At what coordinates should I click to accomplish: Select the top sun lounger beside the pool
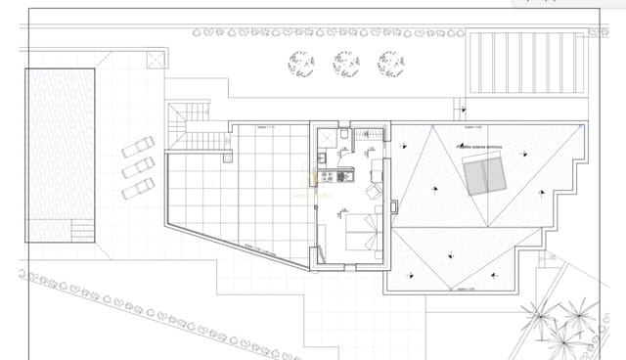coord(138,148)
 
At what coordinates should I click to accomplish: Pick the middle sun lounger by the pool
coord(138,167)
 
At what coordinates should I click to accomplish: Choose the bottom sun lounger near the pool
coord(139,187)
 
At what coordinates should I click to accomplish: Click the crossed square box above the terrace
coord(156,60)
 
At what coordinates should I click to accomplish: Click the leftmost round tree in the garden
coord(301,64)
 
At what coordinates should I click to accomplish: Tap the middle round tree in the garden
coord(345,64)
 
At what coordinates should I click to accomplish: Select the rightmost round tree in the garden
coord(390,64)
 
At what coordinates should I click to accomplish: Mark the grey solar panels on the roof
coord(485,177)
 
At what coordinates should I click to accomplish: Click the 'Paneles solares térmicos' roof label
coord(478,146)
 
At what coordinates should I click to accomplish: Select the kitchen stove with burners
coord(330,176)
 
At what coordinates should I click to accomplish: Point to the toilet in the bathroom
coord(345,134)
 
